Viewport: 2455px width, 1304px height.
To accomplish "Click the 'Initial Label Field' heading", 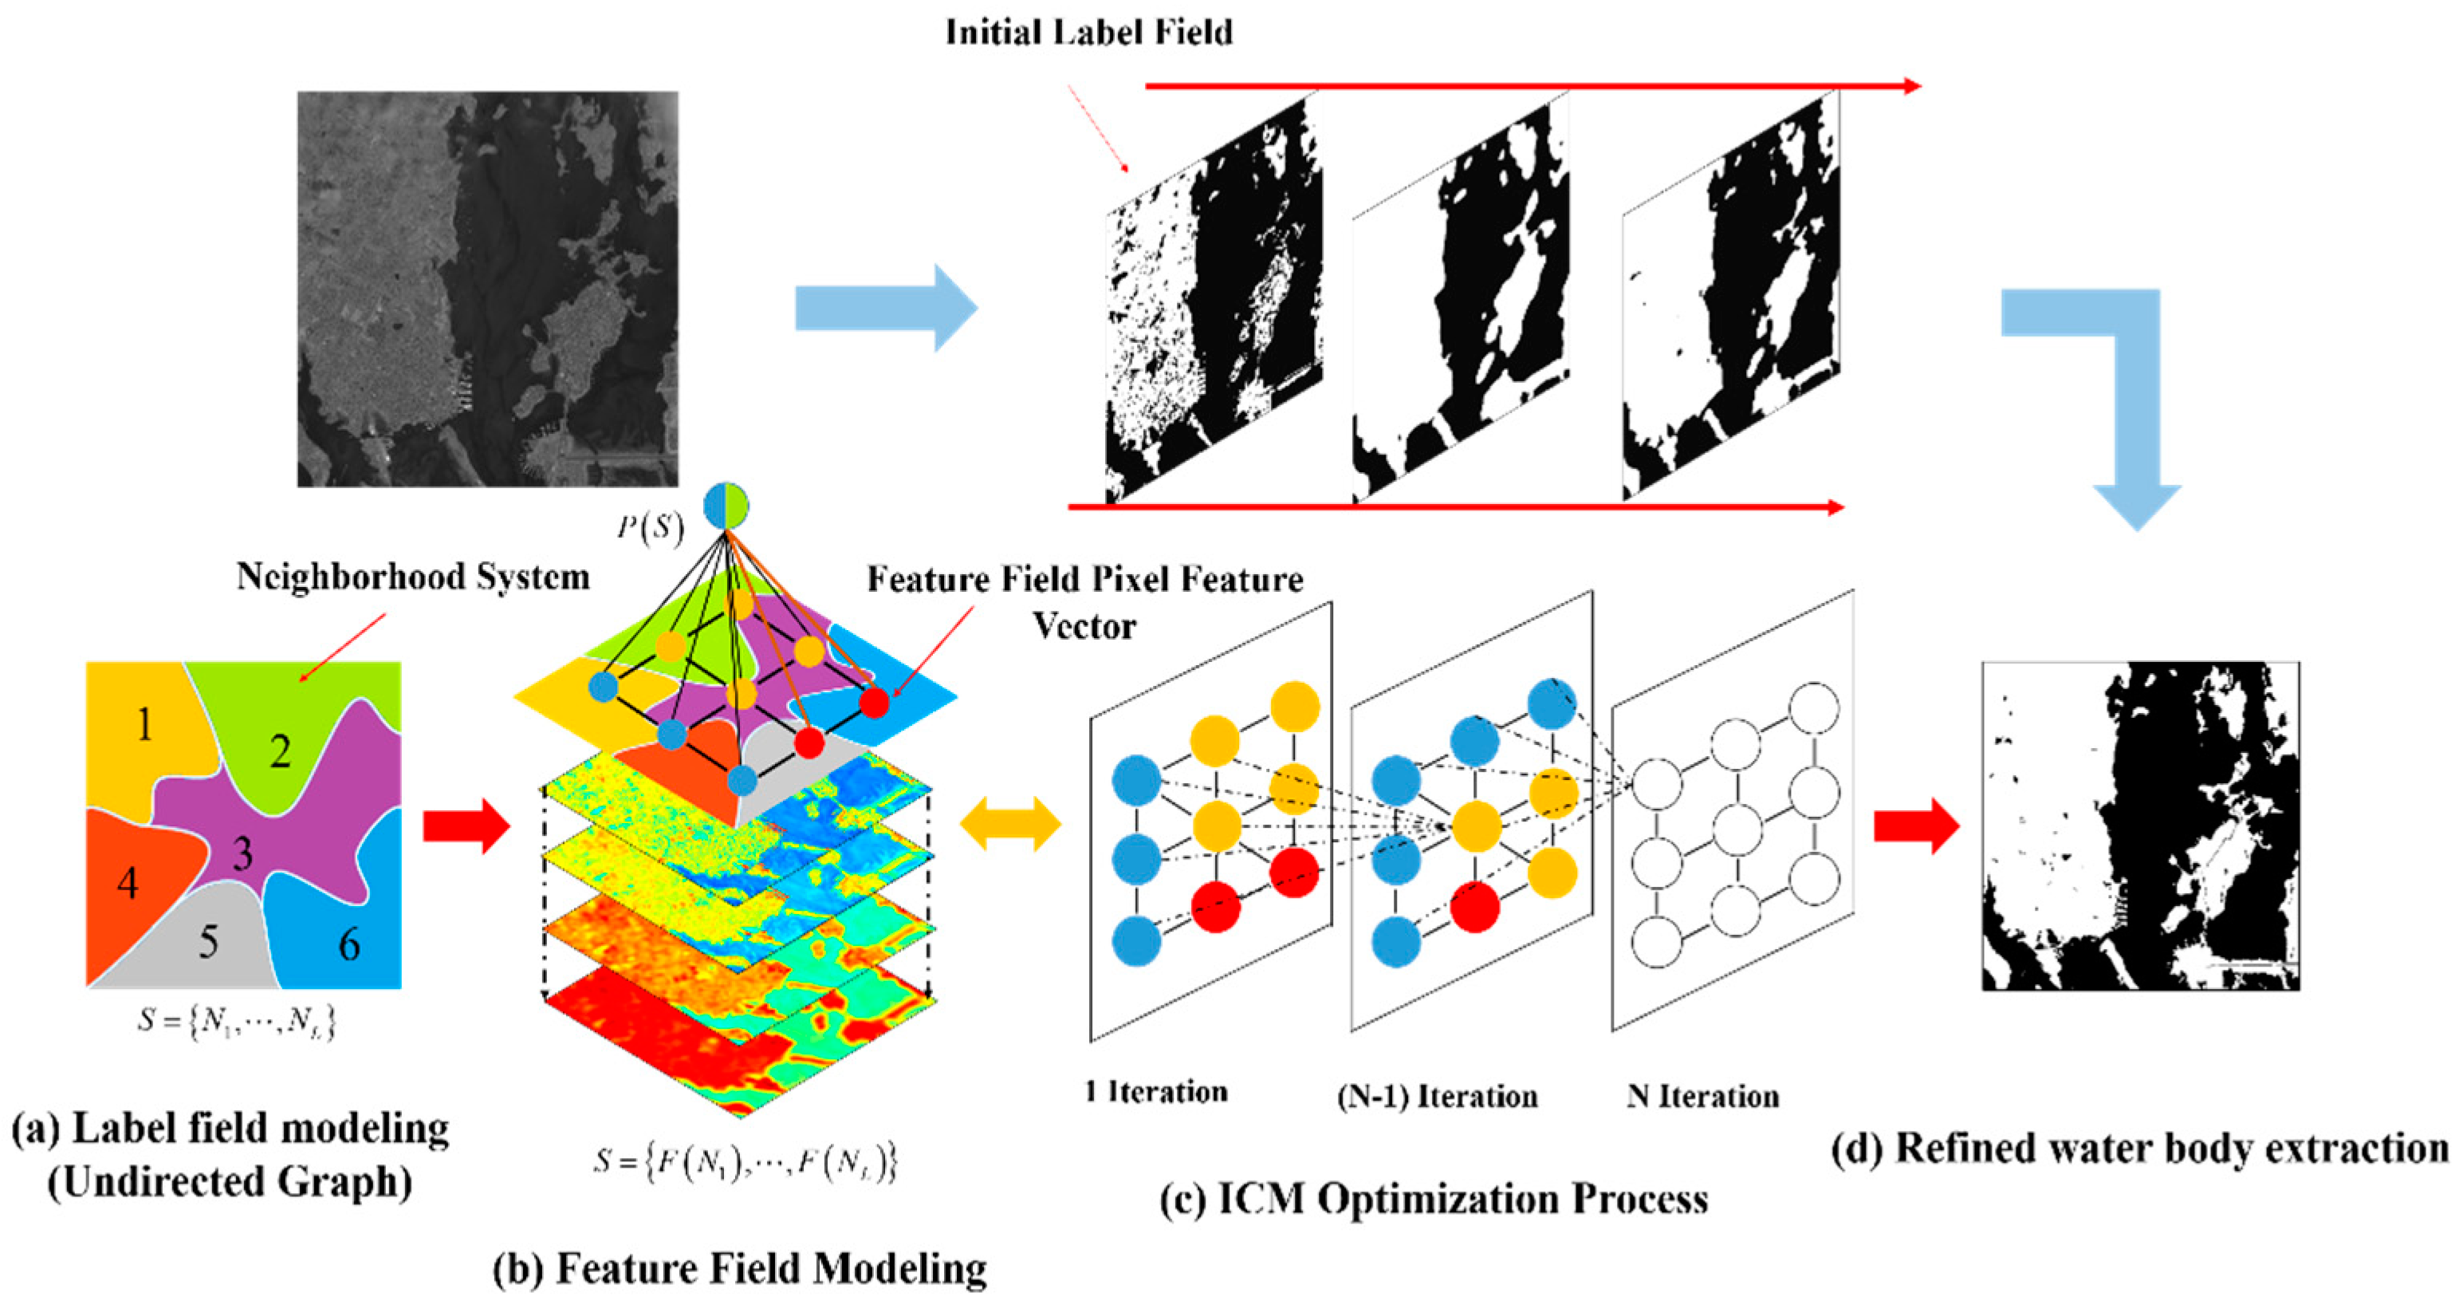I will point(1088,33).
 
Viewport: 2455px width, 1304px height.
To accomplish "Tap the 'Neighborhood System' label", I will point(413,577).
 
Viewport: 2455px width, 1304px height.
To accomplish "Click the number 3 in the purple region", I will point(243,852).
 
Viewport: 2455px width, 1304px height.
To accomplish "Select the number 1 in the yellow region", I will point(144,724).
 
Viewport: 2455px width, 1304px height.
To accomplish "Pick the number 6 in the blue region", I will point(350,944).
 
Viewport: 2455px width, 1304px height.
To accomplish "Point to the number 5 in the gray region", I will point(209,942).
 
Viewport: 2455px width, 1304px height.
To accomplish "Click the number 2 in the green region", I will point(279,751).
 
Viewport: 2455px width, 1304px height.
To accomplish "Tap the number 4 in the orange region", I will point(128,884).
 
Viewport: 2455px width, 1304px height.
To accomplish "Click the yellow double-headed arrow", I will point(1010,824).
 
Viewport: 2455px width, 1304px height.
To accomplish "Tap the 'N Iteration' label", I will point(1703,1096).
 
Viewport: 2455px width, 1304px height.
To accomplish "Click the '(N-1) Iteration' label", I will point(1437,1096).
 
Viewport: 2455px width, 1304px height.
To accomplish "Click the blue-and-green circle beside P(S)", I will point(726,506).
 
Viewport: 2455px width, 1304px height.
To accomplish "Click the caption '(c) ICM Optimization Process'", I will point(1434,1198).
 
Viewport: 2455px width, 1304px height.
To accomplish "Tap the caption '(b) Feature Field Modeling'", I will point(740,1269).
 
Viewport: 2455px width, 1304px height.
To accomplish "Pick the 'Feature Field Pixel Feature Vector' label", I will point(1084,601).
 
